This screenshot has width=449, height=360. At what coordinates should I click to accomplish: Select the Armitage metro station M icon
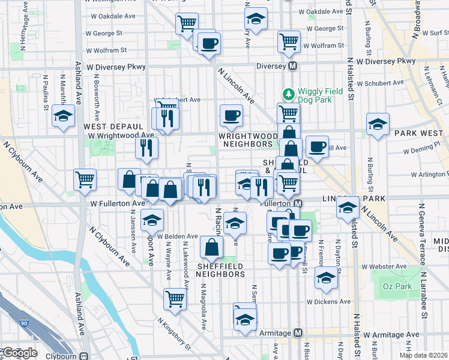[x=298, y=333]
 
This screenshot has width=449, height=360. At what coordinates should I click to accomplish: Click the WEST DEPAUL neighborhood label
[x=113, y=127]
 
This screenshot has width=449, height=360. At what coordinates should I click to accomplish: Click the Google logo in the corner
[x=19, y=353]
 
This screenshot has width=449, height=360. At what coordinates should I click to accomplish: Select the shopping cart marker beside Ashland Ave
[x=85, y=178]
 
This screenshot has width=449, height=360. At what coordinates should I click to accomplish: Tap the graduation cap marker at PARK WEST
[x=377, y=124]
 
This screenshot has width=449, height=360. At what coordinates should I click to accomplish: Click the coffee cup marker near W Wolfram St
[x=209, y=43]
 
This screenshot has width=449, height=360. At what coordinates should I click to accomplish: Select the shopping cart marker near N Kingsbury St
[x=175, y=298]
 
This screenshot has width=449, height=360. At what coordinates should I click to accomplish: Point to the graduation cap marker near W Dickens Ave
[x=327, y=277]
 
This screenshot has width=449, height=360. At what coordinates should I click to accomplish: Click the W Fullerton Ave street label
[x=118, y=204]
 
